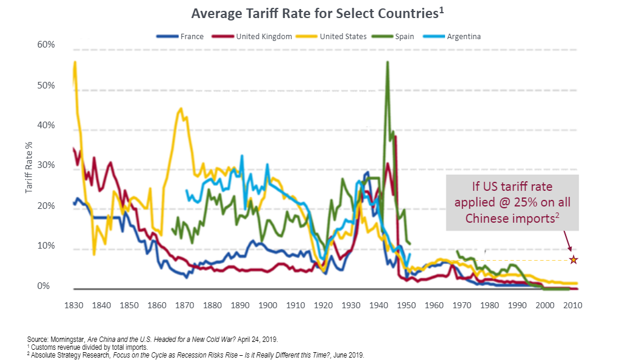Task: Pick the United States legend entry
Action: point(343,36)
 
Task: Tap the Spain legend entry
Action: point(404,36)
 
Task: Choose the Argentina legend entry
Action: point(463,36)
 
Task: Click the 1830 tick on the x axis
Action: point(73,306)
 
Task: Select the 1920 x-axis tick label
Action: point(323,306)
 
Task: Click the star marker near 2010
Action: point(573,259)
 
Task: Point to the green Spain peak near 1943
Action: point(387,63)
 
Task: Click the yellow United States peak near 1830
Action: point(75,62)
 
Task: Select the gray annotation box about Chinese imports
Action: point(512,203)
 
